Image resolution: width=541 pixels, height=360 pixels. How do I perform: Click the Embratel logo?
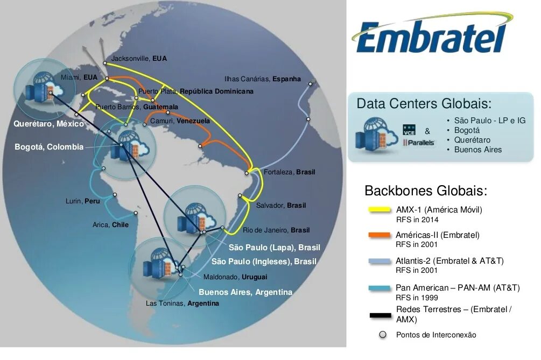(x=431, y=35)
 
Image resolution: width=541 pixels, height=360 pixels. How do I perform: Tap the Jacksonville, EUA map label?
(x=139, y=58)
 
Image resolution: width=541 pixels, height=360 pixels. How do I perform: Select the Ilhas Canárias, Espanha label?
(x=262, y=79)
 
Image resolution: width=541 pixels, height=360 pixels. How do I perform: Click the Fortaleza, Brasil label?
(x=289, y=172)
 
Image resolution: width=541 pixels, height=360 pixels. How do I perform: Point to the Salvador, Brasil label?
(x=280, y=206)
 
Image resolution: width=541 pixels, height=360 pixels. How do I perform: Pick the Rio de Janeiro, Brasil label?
(x=276, y=230)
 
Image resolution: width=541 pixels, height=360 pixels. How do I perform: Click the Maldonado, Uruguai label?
(x=235, y=277)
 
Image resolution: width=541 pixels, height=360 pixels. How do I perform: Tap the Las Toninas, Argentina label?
(x=182, y=303)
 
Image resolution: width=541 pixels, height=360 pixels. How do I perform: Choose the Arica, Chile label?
(x=110, y=225)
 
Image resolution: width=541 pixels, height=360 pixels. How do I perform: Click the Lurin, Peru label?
(x=83, y=201)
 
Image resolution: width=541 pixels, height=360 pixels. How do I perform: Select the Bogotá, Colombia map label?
(x=49, y=147)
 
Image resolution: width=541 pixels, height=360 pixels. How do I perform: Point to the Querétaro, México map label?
(x=48, y=124)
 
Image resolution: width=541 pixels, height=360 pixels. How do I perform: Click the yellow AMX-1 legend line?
(x=379, y=210)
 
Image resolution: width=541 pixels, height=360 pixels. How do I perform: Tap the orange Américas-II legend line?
(x=379, y=235)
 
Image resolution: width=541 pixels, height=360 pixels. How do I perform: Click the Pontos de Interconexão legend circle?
(x=382, y=335)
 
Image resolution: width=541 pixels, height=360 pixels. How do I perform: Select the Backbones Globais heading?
(x=425, y=191)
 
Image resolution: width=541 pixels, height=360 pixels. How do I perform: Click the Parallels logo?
(x=418, y=143)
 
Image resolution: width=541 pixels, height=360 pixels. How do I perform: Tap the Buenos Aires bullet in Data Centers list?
(x=478, y=150)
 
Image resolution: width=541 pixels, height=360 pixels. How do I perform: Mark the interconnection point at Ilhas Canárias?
(x=310, y=83)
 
